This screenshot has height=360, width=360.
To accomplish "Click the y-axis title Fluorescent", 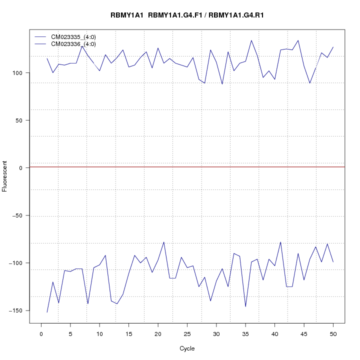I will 5,176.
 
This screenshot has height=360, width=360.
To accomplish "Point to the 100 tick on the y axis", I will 18,73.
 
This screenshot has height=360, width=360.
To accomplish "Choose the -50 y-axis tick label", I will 18,215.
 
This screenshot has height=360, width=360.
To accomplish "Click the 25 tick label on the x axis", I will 187,333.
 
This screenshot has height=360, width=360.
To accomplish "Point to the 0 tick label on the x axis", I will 41,333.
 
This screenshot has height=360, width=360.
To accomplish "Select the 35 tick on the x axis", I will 245,333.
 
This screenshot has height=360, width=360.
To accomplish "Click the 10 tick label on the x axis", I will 99,333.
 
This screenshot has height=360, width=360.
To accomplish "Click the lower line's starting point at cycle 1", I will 47,312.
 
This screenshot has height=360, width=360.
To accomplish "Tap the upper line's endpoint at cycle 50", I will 333,47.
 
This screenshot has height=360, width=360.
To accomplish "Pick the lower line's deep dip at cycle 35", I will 245,306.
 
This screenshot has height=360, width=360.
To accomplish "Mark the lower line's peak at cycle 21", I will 163,242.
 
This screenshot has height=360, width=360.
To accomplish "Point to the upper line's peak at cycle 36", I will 251,40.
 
